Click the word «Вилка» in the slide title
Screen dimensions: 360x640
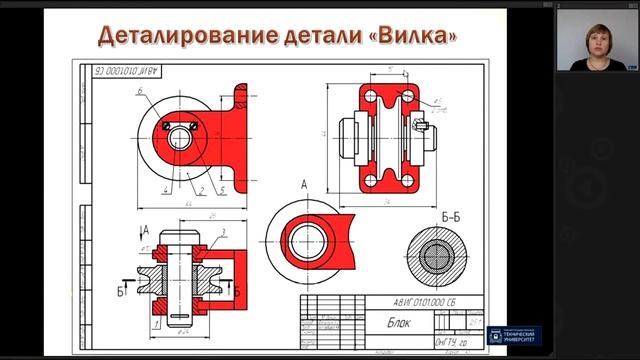tap(414, 37)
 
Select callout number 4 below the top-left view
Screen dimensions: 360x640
tap(164, 188)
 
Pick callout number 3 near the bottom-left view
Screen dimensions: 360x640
tap(224, 231)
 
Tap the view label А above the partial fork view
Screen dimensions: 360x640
tap(302, 185)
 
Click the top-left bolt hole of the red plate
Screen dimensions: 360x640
tap(370, 98)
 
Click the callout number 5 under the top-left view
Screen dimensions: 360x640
tap(222, 188)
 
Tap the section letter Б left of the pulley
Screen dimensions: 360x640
tap(121, 292)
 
